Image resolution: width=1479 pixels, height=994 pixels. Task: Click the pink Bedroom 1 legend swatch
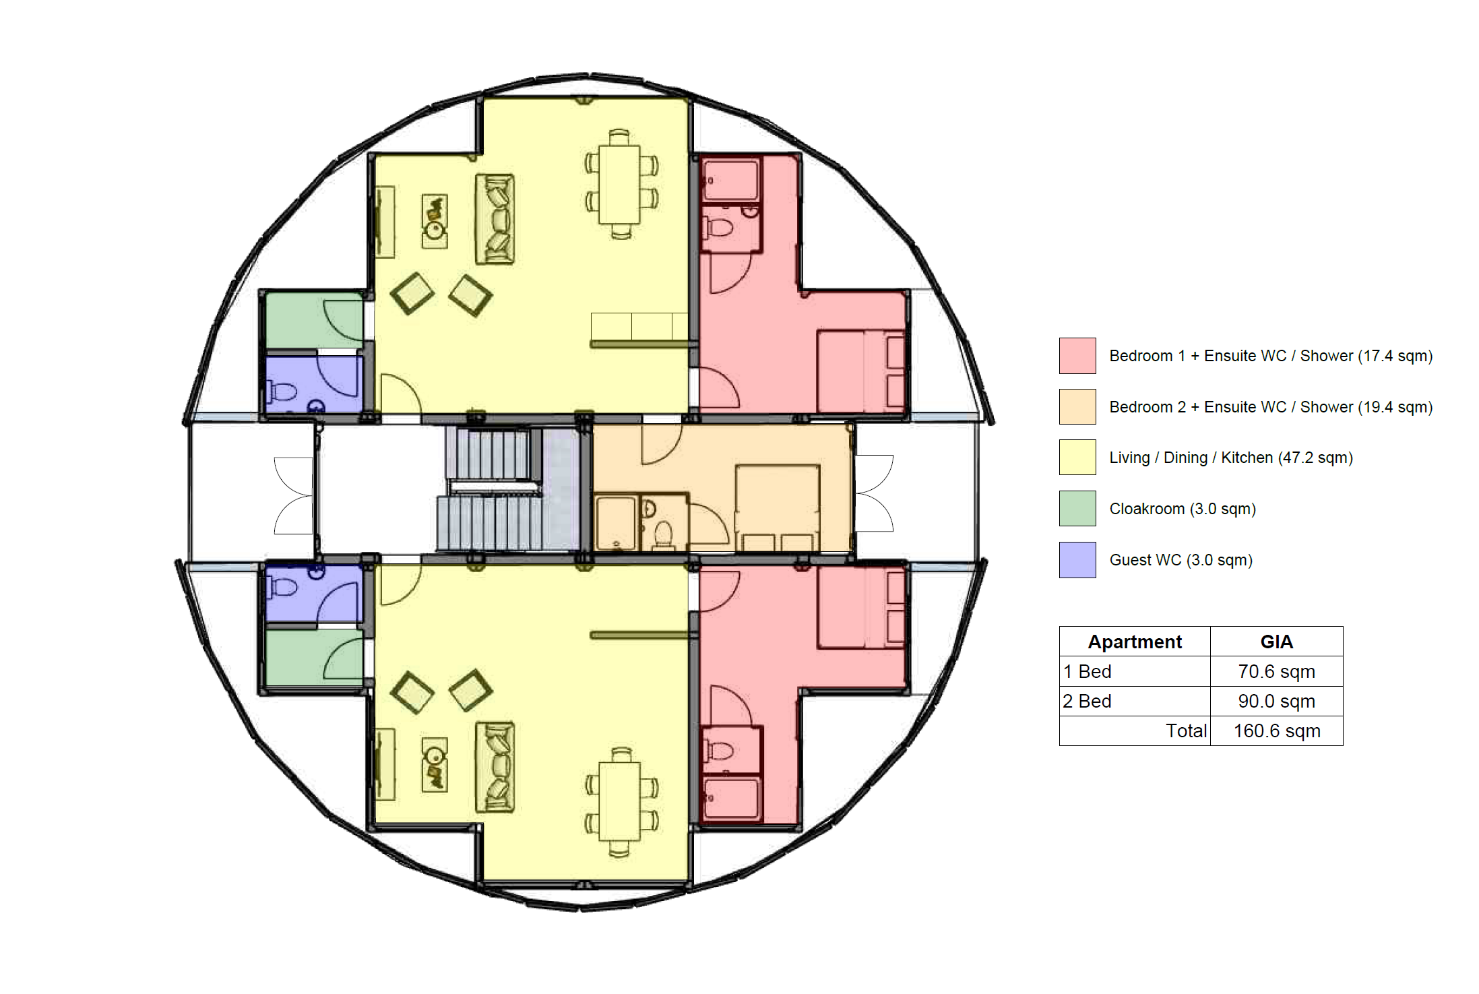point(1077,355)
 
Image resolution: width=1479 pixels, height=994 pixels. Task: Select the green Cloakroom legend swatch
point(1077,508)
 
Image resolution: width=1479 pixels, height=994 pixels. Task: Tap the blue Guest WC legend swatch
point(1077,559)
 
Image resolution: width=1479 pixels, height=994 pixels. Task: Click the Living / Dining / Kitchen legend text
point(1231,458)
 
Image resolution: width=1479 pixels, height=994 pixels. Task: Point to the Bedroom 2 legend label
point(1271,407)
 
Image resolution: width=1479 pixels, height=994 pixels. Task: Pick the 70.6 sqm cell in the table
point(1276,671)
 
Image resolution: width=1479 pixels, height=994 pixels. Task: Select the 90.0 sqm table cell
point(1276,701)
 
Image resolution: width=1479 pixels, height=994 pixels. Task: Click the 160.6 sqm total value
point(1276,731)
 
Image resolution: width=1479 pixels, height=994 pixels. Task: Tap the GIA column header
point(1276,642)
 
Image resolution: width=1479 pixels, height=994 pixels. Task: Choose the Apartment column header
point(1135,642)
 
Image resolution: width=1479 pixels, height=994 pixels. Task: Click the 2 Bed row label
point(1087,701)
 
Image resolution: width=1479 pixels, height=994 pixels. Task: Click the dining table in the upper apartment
point(620,184)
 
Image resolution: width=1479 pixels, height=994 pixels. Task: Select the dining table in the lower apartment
point(620,802)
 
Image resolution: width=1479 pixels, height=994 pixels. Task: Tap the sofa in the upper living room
point(495,218)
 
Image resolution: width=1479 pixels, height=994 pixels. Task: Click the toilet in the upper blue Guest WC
point(282,392)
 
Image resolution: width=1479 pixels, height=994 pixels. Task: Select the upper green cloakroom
point(314,321)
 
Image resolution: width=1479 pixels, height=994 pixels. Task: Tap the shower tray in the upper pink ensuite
point(730,179)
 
